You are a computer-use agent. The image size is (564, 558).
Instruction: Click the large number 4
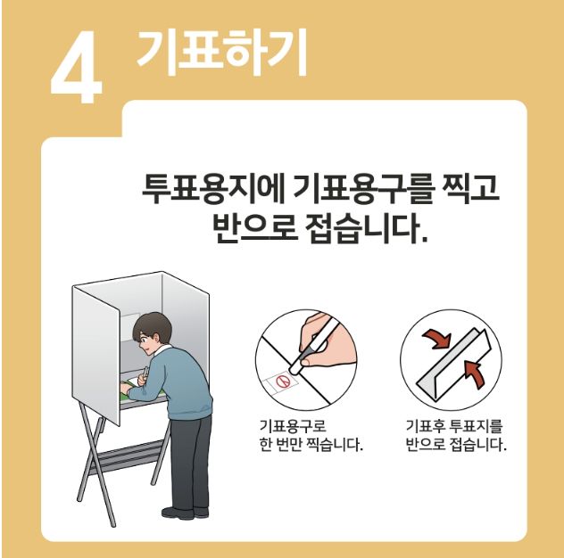coord(76,67)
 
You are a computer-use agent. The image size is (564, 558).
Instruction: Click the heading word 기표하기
coord(222,53)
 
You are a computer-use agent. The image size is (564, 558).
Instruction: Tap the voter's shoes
coord(185,513)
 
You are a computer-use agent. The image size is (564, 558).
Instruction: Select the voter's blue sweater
coord(172,384)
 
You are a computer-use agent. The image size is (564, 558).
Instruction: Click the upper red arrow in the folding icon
coord(437,339)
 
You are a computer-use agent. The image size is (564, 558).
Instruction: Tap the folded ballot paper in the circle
coord(453,363)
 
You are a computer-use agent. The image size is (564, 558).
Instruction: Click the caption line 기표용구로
coord(293,426)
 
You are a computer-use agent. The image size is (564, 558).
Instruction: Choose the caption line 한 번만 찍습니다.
coord(311,446)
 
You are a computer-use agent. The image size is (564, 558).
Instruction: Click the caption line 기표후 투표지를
coord(454,426)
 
